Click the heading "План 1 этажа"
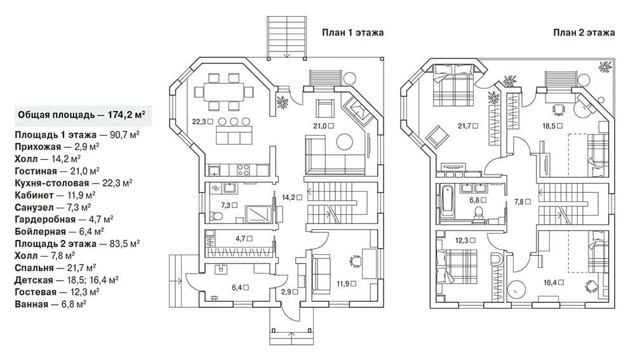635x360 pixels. [352, 33]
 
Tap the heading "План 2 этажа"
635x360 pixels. [584, 33]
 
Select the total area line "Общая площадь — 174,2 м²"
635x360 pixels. [81, 115]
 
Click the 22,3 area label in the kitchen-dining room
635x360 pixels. [202, 121]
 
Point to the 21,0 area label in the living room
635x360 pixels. [323, 126]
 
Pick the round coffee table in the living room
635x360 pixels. [345, 142]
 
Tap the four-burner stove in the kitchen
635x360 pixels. [243, 170]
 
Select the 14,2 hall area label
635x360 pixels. [292, 197]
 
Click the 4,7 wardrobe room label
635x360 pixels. [244, 239]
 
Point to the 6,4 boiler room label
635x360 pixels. [240, 288]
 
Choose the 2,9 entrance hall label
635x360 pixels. [290, 291]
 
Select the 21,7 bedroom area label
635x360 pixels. [468, 126]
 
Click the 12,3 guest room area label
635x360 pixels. [465, 241]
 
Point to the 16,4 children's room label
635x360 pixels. [554, 283]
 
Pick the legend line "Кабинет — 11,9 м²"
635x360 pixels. [55, 195]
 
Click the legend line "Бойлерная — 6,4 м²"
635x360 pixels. [60, 232]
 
